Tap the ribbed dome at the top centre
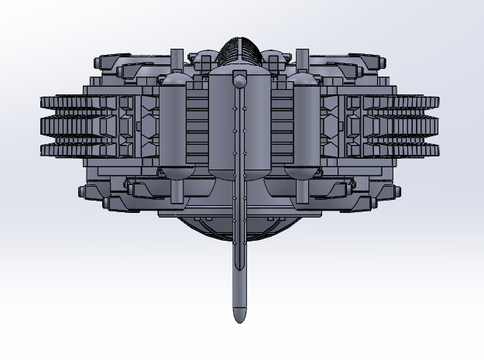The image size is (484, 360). pos(239,51)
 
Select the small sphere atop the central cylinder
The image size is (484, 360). pos(240,79)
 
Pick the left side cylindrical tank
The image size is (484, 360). pos(173,128)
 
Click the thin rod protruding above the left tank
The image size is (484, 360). pos(176,62)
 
